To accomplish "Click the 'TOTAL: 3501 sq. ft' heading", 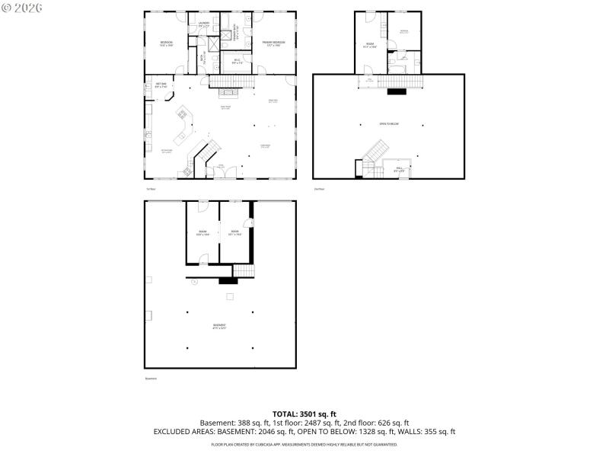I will click(304, 414).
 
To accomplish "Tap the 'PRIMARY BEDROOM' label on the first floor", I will click(273, 43).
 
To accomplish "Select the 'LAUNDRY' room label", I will click(204, 24).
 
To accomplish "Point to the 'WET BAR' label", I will click(161, 85).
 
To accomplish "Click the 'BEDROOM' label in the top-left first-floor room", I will click(166, 43).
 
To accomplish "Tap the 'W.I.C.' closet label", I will click(237, 61).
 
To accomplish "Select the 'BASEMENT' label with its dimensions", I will click(219, 327).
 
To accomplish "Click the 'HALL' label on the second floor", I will click(399, 169).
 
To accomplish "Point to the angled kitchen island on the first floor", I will click(184, 126).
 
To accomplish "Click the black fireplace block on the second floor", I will click(397, 92).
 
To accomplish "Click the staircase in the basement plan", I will click(243, 271).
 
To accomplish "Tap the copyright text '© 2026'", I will click(22, 8).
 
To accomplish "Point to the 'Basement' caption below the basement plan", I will click(151, 379).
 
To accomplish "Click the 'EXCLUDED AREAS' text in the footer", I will click(187, 432).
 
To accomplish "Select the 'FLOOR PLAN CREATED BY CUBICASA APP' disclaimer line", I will click(304, 443).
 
